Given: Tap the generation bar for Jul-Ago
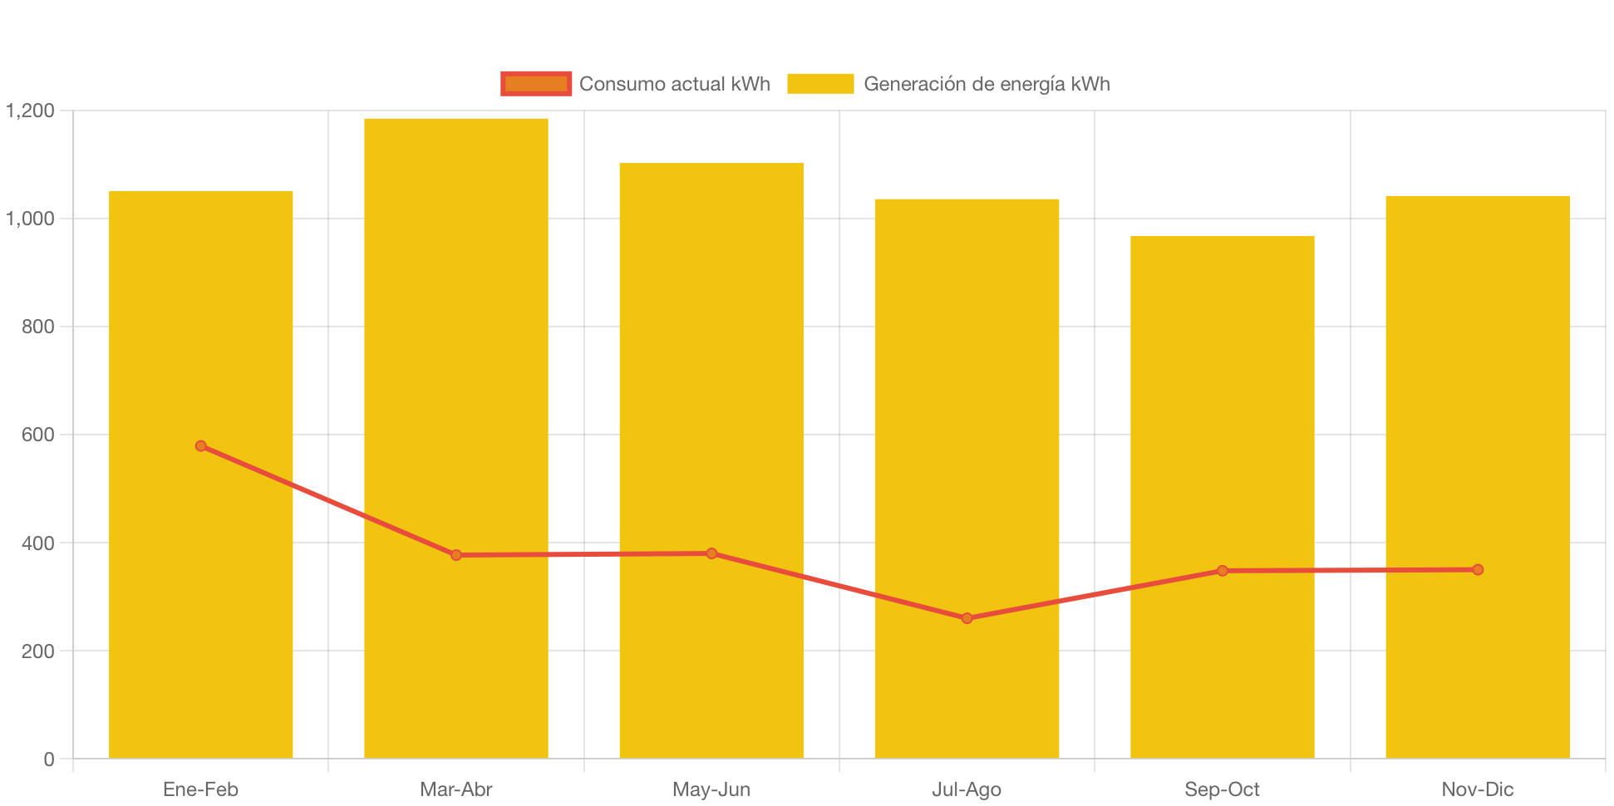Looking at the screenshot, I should click(x=967, y=415).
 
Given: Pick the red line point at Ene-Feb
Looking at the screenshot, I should click(x=201, y=446).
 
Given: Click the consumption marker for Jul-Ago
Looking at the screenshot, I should click(x=967, y=618).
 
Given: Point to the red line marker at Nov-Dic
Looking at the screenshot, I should click(x=1478, y=570).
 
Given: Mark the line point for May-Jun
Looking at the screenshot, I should click(x=711, y=553).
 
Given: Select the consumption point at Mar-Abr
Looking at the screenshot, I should click(x=456, y=555).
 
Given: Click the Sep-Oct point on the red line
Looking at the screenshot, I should click(x=1223, y=571).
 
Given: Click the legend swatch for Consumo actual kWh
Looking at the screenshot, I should click(x=536, y=84).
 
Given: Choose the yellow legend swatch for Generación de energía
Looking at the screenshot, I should click(x=820, y=84).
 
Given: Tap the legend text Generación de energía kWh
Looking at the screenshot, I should click(x=987, y=84).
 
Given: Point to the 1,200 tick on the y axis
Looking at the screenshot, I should click(x=31, y=111).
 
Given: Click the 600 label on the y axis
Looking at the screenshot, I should click(x=37, y=435).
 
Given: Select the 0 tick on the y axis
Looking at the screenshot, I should click(x=49, y=759).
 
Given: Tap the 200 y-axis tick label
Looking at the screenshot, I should click(x=37, y=651).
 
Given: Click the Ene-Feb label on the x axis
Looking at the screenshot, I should click(x=201, y=789).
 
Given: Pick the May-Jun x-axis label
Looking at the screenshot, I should click(x=711, y=789).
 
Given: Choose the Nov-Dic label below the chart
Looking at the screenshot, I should click(x=1478, y=789).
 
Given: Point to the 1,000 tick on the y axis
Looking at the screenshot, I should click(x=31, y=219).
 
